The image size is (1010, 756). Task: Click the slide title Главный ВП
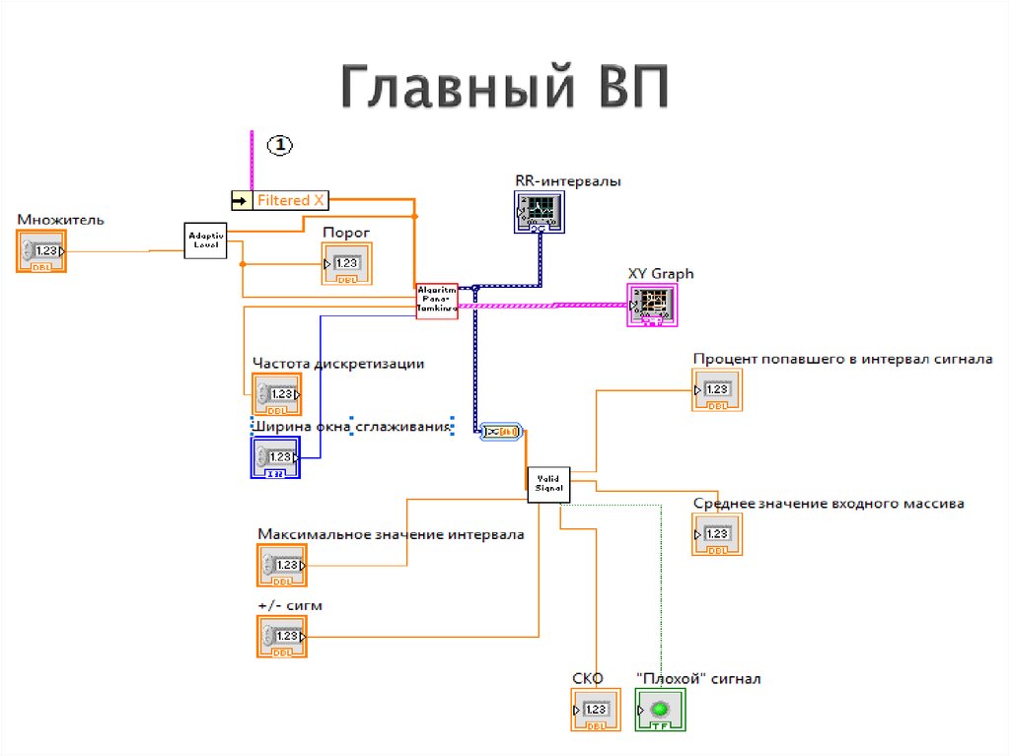point(505,89)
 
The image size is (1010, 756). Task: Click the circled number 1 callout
point(280,145)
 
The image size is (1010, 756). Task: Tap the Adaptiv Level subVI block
point(206,240)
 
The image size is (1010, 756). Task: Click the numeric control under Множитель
point(41,251)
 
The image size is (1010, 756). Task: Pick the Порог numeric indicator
point(345,263)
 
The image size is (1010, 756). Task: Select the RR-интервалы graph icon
point(540,211)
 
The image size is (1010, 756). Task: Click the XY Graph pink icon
point(653,305)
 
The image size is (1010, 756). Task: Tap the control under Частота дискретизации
point(277,394)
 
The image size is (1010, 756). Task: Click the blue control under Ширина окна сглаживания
point(275,457)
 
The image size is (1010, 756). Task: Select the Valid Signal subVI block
point(547,483)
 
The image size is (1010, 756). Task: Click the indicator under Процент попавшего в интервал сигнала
point(717,390)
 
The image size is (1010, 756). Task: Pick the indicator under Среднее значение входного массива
point(717,534)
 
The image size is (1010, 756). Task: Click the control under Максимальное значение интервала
point(282,566)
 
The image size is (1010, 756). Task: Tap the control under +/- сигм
point(282,637)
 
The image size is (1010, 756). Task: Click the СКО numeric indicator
point(595,710)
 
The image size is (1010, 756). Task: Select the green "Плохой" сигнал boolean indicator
point(660,710)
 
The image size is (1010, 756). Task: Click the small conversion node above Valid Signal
point(503,431)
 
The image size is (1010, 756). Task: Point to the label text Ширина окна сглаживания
point(353,427)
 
